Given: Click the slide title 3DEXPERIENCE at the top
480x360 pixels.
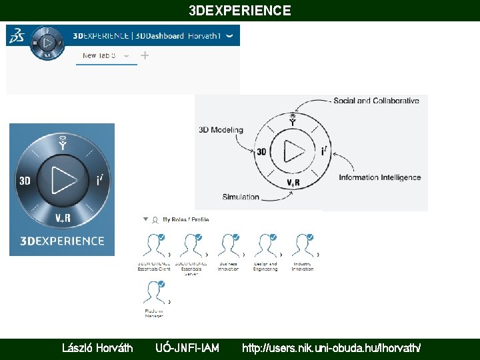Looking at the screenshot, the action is point(240,11).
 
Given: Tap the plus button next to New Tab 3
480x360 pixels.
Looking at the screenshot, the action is point(145,56).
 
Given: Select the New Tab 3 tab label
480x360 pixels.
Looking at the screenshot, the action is point(99,56).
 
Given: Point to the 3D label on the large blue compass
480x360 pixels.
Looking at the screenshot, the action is point(25,181).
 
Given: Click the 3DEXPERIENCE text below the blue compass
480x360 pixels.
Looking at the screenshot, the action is point(62,241).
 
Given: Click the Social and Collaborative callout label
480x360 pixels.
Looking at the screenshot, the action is point(376,101).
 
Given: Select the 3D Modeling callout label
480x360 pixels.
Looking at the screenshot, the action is point(221,130).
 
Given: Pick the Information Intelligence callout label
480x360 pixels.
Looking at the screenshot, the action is point(379,177).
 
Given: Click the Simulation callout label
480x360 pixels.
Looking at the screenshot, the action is point(241,197).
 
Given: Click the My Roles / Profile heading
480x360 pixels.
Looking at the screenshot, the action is point(185,219).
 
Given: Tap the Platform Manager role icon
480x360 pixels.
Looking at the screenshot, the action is point(154,294).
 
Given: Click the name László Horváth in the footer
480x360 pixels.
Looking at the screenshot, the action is point(97,347).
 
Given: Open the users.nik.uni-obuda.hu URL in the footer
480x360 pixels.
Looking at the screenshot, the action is point(331,347).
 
